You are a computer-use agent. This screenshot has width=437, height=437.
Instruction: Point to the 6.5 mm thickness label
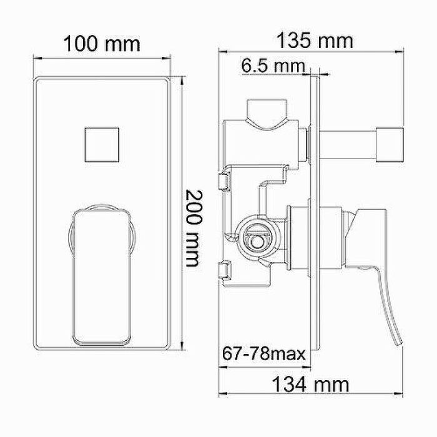click(x=273, y=65)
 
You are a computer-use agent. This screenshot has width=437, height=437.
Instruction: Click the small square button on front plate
click(x=101, y=144)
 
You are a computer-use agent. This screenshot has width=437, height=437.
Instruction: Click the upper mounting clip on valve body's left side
click(x=220, y=182)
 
